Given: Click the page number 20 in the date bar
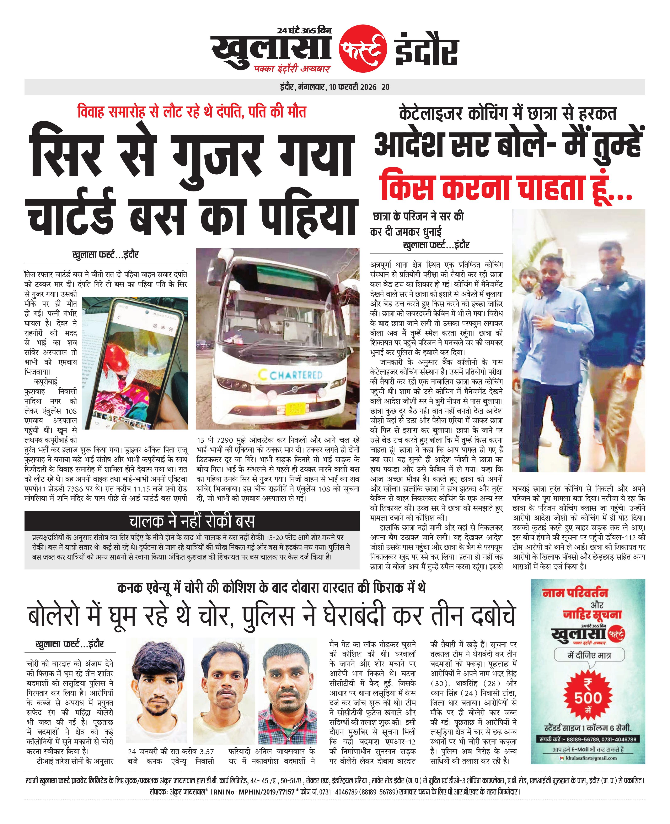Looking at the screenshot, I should (386, 87).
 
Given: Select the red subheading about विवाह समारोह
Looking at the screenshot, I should (192, 112).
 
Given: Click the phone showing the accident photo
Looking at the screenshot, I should (135, 362).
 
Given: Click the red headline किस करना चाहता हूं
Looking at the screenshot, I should (506, 187).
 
